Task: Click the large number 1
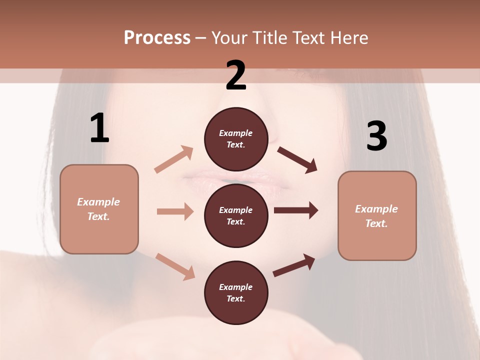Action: [99, 128]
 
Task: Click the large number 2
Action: [236, 75]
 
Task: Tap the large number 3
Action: [376, 136]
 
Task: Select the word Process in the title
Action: [157, 37]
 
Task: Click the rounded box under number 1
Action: [99, 209]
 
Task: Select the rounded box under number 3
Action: [377, 215]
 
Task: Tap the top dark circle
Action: [236, 139]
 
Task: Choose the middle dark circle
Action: [236, 215]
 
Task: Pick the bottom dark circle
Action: [236, 292]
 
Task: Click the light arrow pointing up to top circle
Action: [174, 159]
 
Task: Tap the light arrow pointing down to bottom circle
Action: [175, 266]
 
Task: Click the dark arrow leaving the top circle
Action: [297, 159]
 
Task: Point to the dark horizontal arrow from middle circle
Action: [296, 210]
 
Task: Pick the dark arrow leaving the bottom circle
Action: [294, 265]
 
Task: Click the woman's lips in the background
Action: [236, 178]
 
